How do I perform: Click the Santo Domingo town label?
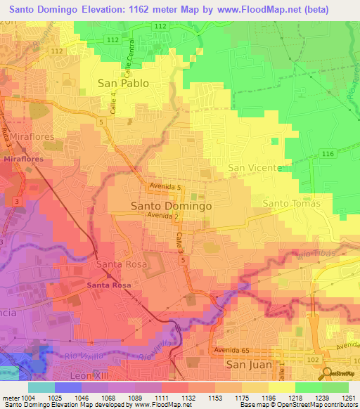tap(172, 207)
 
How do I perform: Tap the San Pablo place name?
tap(123, 83)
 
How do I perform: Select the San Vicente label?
tap(255, 169)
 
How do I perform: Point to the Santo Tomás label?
tap(291, 204)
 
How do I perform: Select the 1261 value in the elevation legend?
tap(348, 398)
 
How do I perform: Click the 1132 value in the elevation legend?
tap(169, 398)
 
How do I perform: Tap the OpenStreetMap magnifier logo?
tap(326, 372)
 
